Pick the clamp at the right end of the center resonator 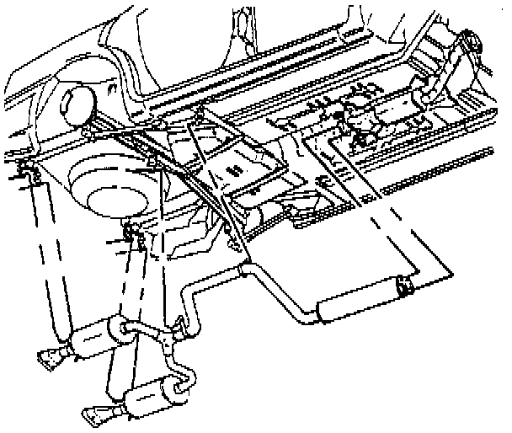point(405,286)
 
